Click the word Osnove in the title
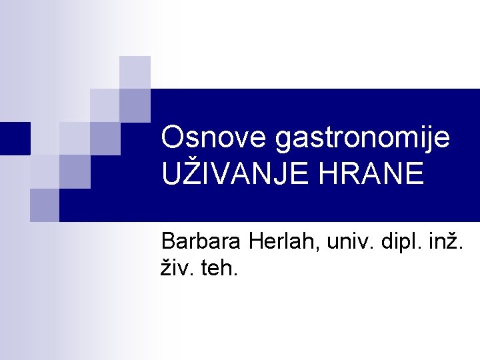[x=214, y=139]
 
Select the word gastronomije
[x=363, y=139]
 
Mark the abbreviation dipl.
[x=397, y=241]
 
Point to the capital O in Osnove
[x=173, y=139]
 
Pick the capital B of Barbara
[x=169, y=241]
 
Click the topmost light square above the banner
[x=135, y=72]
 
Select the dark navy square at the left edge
[x=15, y=139]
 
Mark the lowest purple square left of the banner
[x=44, y=205]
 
